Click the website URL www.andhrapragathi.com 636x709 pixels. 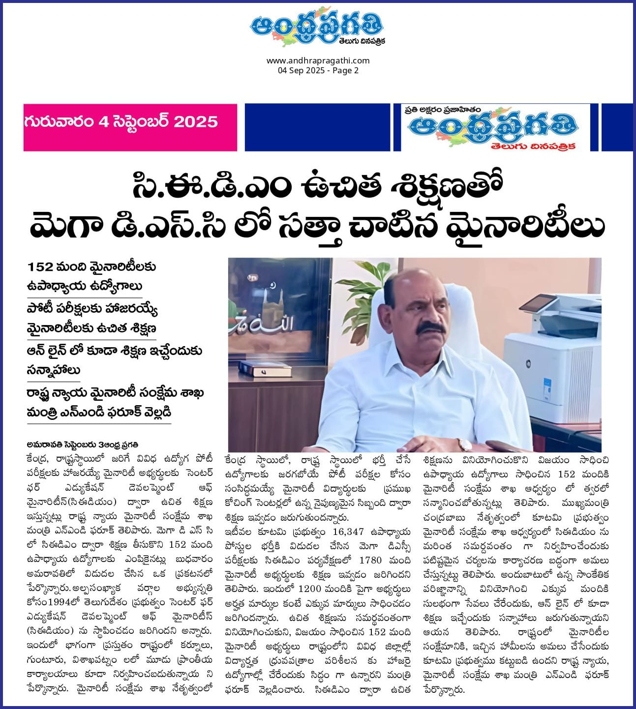(x=318, y=61)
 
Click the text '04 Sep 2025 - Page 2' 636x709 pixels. (x=318, y=70)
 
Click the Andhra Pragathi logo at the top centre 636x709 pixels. (x=317, y=29)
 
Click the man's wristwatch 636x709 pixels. (x=463, y=444)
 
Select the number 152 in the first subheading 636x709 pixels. (x=40, y=267)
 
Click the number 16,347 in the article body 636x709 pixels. (x=348, y=532)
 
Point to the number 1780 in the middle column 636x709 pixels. (x=370, y=560)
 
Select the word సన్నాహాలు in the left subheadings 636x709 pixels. (x=53, y=370)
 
